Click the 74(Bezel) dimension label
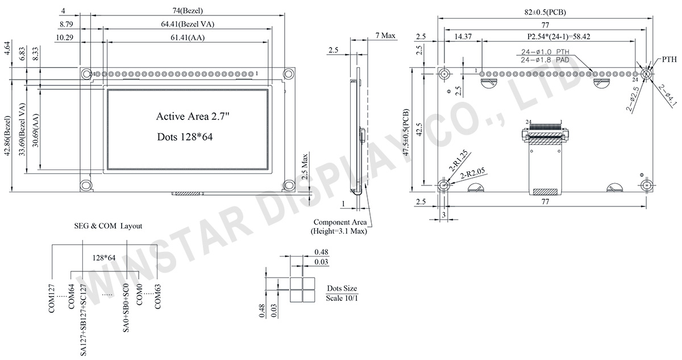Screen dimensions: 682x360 (188, 11)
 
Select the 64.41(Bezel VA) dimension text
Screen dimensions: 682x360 (188, 24)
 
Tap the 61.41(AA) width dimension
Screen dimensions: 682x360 (188, 38)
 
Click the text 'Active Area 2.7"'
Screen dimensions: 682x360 (193, 117)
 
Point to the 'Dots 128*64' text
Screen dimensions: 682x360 (185, 137)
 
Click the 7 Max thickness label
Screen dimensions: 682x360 (385, 36)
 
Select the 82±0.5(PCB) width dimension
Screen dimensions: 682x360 (545, 12)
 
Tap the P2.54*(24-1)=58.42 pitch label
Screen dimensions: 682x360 (559, 37)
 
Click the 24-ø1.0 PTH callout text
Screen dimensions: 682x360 (545, 52)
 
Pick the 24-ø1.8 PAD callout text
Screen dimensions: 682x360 (545, 60)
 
